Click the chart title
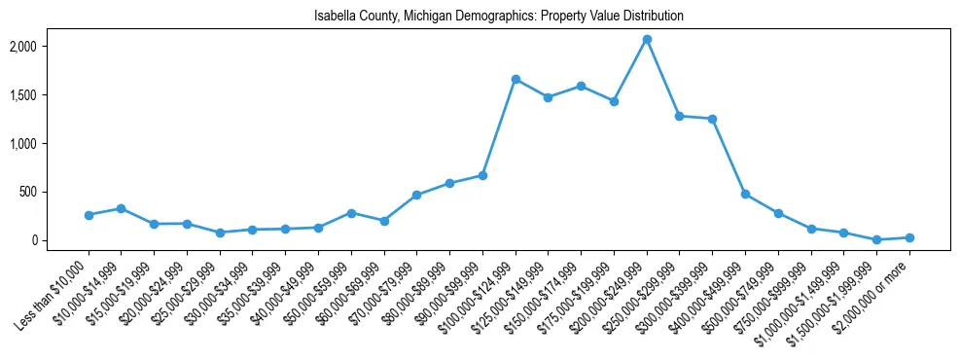499,17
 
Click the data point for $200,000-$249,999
647,40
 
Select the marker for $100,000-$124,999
516,79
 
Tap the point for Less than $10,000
89,215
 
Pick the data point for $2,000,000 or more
909,237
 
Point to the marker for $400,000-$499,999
745,195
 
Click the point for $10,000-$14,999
121,208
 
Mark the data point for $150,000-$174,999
581,86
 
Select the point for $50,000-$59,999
351,213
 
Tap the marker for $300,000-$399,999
712,119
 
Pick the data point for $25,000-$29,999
220,233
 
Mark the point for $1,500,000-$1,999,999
876,239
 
